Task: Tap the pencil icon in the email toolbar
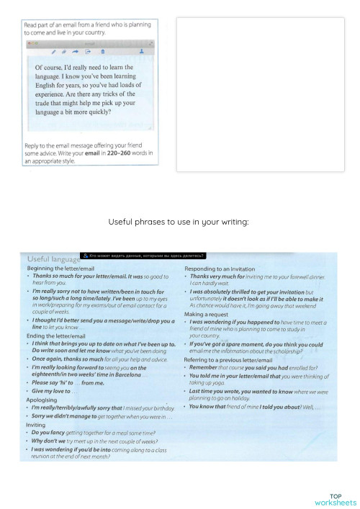(x=53, y=52)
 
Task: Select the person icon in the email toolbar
(x=141, y=52)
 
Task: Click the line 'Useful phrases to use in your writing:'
(x=179, y=222)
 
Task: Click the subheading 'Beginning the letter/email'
(x=60, y=269)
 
